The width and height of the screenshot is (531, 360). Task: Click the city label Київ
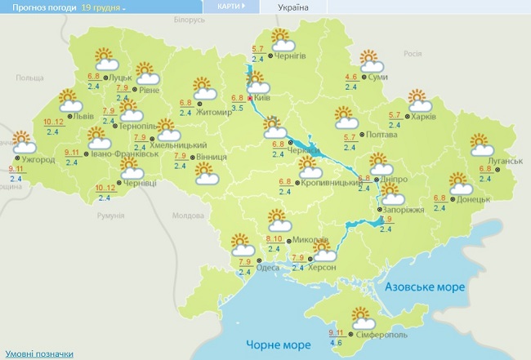pos(263,96)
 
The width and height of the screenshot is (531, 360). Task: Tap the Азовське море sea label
pos(425,287)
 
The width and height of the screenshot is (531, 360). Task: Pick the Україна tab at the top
pos(293,7)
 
